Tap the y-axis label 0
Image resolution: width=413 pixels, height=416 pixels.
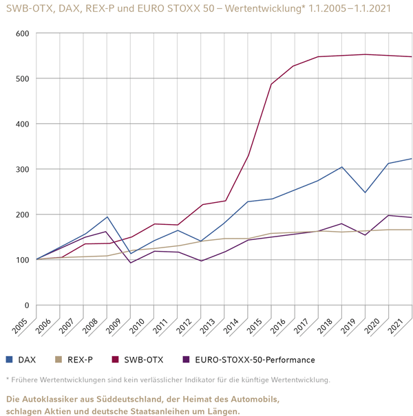26,305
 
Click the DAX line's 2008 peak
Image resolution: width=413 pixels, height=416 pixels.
107,217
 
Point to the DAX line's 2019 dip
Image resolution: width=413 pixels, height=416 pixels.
366,193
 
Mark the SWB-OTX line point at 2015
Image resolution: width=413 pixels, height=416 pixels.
271,85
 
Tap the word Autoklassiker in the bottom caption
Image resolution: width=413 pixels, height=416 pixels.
55,399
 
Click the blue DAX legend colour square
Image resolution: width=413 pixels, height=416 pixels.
9,360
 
